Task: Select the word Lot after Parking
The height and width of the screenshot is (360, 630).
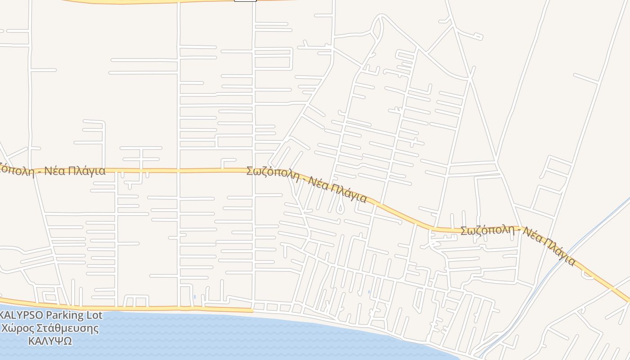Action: click(93, 315)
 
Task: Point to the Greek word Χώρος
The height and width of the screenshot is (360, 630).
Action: click(18, 328)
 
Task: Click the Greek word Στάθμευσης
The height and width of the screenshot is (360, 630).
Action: click(67, 328)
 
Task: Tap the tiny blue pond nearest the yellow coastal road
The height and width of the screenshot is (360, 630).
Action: click(194, 297)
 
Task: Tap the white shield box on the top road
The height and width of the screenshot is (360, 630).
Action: click(245, 0)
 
